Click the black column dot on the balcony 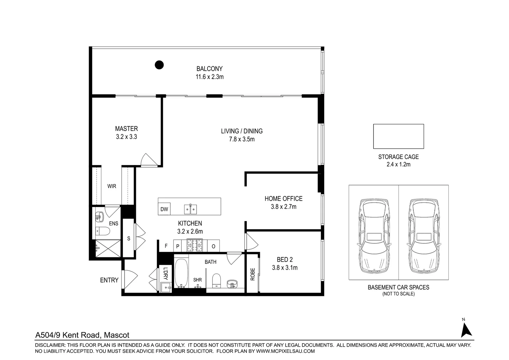pos(159,65)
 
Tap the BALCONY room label pos(209,69)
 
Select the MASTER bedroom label pos(126,129)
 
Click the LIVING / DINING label pos(242,131)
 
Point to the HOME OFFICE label pos(283,199)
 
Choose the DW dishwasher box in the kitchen pos(164,209)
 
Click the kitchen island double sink pos(191,209)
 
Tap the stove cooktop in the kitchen pos(195,246)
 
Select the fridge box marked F pos(166,246)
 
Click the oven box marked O pos(213,246)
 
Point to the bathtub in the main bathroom pos(181,273)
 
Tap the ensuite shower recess pos(108,248)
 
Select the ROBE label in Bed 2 pos(253,274)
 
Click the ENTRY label pos(109,280)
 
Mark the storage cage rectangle pos(398,136)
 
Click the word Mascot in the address pos(117,335)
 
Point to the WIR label pos(112,186)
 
